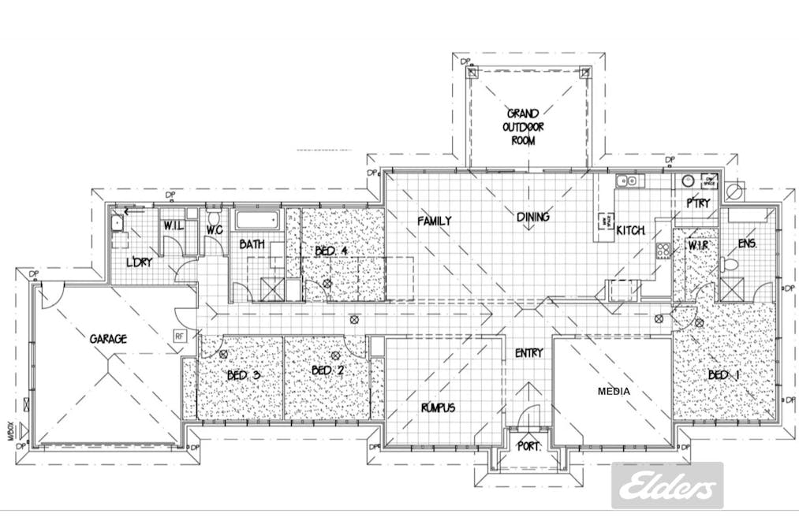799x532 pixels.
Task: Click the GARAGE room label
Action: [x=109, y=338]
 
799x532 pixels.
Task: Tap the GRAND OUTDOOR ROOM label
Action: [x=523, y=127]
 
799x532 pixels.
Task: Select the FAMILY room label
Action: [x=435, y=221]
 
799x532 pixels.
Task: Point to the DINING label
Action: [x=533, y=218]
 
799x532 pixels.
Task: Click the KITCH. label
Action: [x=631, y=231]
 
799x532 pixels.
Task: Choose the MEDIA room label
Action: [x=613, y=390]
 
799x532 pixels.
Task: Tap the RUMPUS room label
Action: [x=437, y=407]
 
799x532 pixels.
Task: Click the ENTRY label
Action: [x=528, y=353]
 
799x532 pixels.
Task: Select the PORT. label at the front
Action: [x=528, y=446]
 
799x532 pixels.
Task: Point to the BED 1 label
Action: [x=723, y=375]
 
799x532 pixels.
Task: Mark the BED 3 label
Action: [x=243, y=375]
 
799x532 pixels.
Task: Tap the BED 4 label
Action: [x=331, y=251]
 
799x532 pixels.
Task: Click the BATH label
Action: [x=252, y=245]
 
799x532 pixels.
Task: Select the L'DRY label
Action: [x=140, y=262]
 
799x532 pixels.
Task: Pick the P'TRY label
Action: [x=697, y=203]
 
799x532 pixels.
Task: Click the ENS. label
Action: [x=747, y=244]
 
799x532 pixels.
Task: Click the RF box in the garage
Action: [x=180, y=335]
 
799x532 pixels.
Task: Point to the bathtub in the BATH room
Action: [x=256, y=220]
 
